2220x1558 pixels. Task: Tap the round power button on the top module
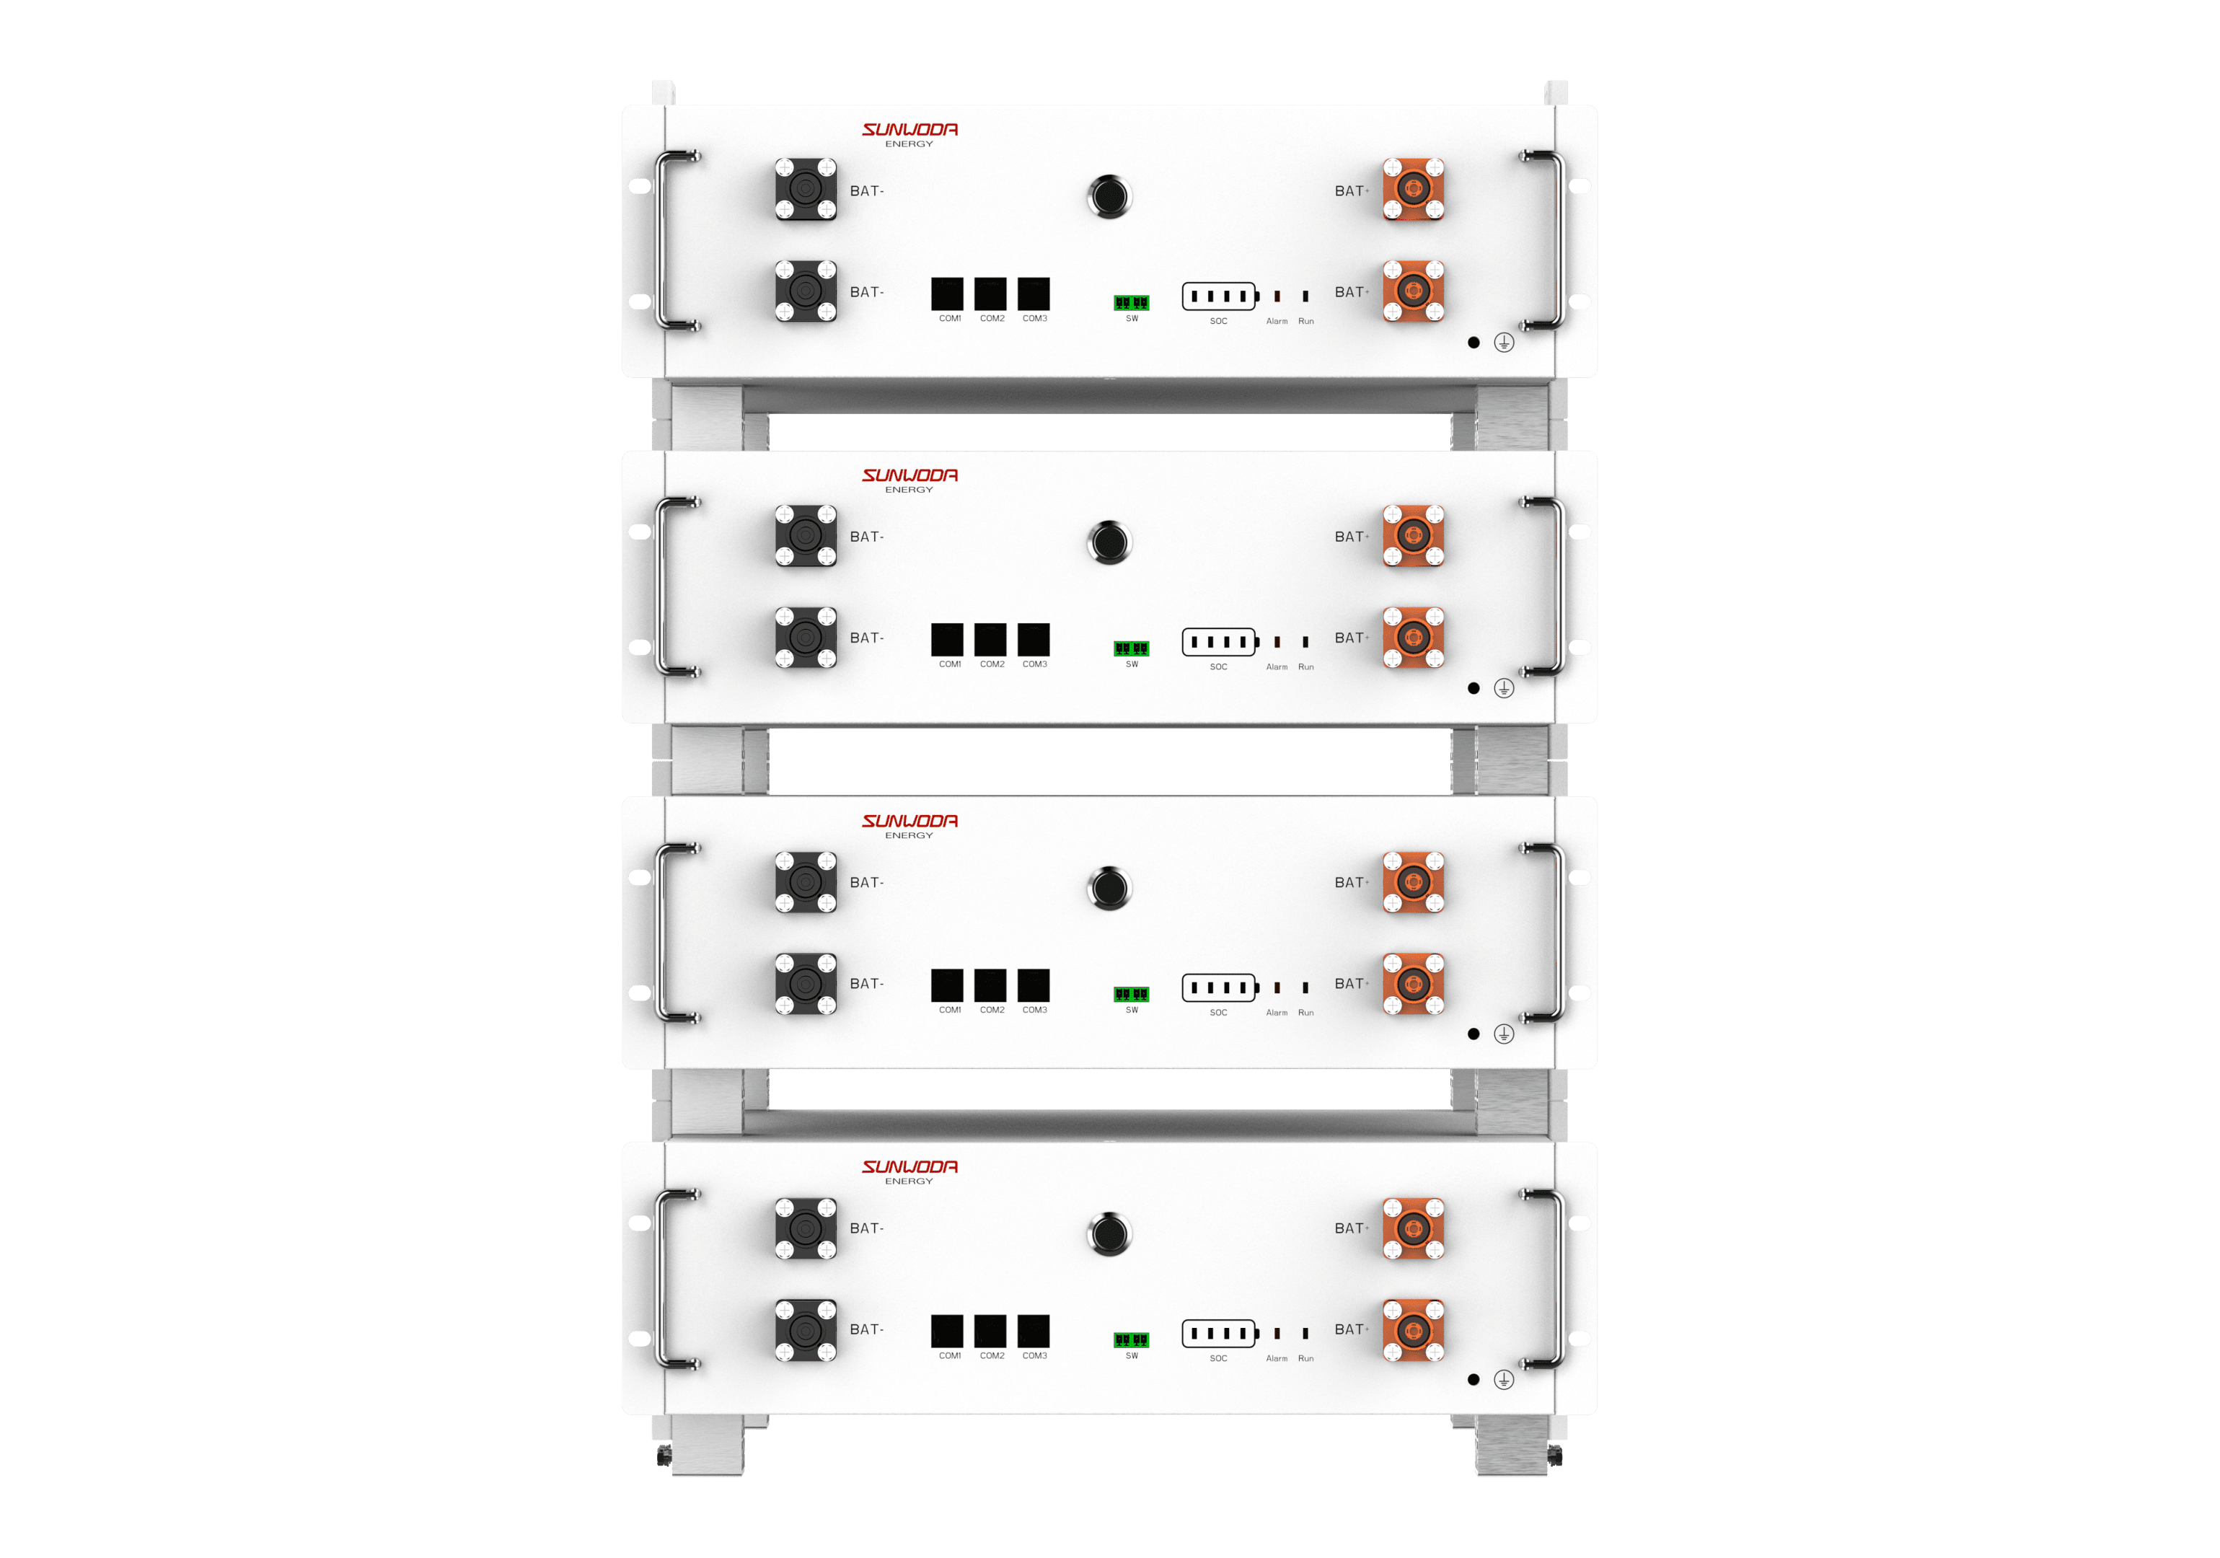pyautogui.click(x=1109, y=196)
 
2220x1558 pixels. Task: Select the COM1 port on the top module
pyautogui.click(x=946, y=293)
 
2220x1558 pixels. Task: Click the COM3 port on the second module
pyautogui.click(x=1034, y=639)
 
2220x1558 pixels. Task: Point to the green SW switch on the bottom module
pyautogui.click(x=1131, y=1339)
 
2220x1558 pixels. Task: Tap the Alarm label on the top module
pyautogui.click(x=1277, y=321)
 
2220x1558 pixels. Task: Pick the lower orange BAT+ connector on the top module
pyautogui.click(x=1413, y=290)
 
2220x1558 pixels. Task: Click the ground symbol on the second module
pyautogui.click(x=1504, y=687)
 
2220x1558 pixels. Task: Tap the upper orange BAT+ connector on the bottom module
pyautogui.click(x=1413, y=1228)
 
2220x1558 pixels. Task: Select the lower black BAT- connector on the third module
pyautogui.click(x=806, y=984)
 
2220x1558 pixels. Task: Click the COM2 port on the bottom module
pyautogui.click(x=990, y=1331)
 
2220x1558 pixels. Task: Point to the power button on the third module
pyautogui.click(x=1109, y=888)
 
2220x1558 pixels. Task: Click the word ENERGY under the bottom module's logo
pyautogui.click(x=909, y=1181)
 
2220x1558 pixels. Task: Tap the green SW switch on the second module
pyautogui.click(x=1131, y=648)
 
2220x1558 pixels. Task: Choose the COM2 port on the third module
pyautogui.click(x=990, y=985)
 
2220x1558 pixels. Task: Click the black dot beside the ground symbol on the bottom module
pyautogui.click(x=1474, y=1380)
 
